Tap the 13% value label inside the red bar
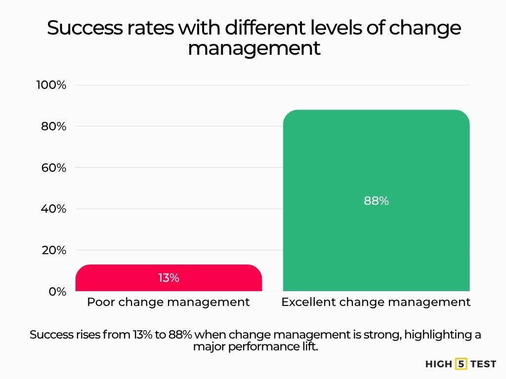(x=169, y=278)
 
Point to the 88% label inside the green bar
(x=376, y=201)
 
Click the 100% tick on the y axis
(x=51, y=85)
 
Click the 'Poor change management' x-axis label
(x=169, y=302)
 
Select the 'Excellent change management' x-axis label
(x=376, y=302)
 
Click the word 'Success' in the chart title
(x=84, y=28)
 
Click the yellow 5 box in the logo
(x=461, y=364)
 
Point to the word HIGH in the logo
(x=439, y=364)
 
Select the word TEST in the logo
(x=483, y=364)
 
